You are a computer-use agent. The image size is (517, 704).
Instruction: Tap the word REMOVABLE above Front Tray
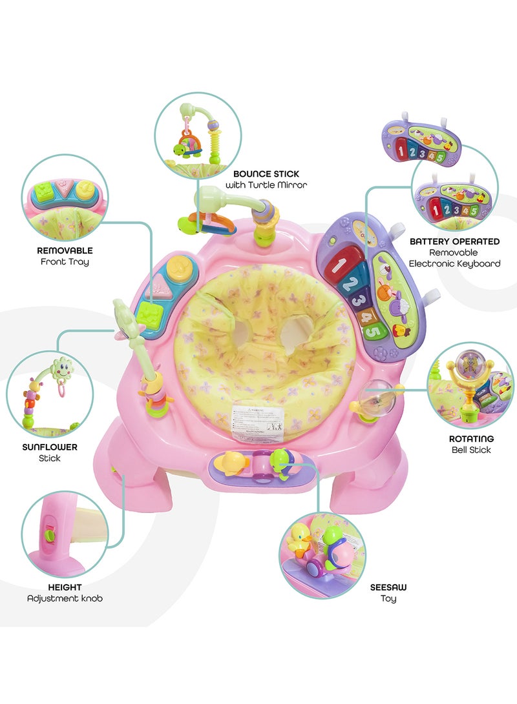pyautogui.click(x=65, y=250)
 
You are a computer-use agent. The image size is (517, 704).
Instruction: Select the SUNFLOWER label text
pyautogui.click(x=49, y=447)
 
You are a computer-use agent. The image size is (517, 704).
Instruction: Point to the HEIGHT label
pyautogui.click(x=65, y=587)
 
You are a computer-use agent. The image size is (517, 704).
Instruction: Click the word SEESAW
pyautogui.click(x=388, y=587)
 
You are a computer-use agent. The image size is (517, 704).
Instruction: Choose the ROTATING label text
pyautogui.click(x=470, y=438)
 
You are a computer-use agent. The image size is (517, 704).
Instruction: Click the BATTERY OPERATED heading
pyautogui.click(x=454, y=241)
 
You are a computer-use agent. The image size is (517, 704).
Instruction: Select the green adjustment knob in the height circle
pyautogui.click(x=48, y=535)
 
